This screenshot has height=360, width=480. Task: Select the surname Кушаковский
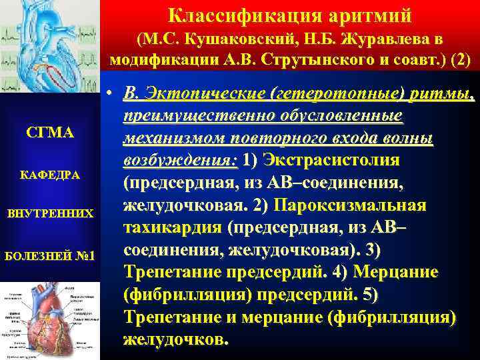tap(237, 39)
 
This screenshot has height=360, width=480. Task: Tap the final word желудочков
tap(176, 339)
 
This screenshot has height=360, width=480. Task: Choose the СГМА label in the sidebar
tap(49, 133)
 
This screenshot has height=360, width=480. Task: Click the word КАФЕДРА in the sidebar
tap(49, 175)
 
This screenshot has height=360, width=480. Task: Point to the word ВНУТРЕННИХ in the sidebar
tap(49, 215)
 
